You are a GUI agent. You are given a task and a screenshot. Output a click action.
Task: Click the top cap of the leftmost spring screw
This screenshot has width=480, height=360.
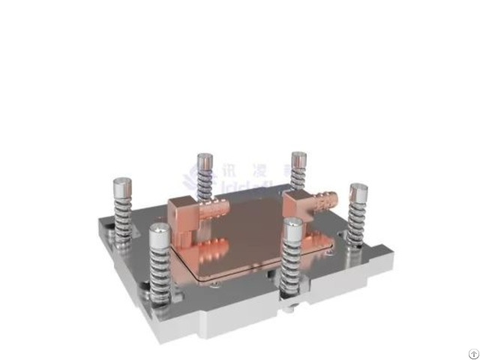(x=120, y=184)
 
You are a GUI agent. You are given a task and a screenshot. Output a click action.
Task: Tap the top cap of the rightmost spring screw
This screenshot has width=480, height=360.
(x=358, y=190)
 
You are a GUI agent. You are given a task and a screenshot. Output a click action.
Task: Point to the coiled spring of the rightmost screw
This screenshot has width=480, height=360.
(x=358, y=220)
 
